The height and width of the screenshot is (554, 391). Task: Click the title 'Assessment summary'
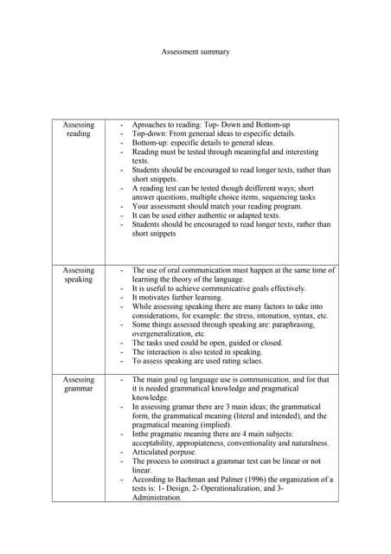pyautogui.click(x=195, y=52)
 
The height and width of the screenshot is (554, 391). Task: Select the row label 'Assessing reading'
pyautogui.click(x=79, y=129)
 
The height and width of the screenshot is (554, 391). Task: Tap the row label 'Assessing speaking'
pyautogui.click(x=79, y=274)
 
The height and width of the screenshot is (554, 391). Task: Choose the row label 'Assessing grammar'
pyautogui.click(x=79, y=383)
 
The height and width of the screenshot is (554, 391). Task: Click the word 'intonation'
pyautogui.click(x=271, y=316)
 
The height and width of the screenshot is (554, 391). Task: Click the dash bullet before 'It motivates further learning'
pyautogui.click(x=122, y=297)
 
